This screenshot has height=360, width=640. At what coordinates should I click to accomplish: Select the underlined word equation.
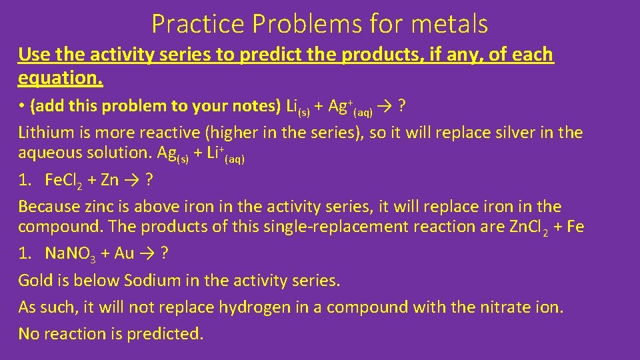click(60, 79)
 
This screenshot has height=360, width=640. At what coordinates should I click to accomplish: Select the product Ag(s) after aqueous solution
click(173, 153)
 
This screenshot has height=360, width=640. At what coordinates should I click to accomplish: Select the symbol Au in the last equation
click(125, 253)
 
